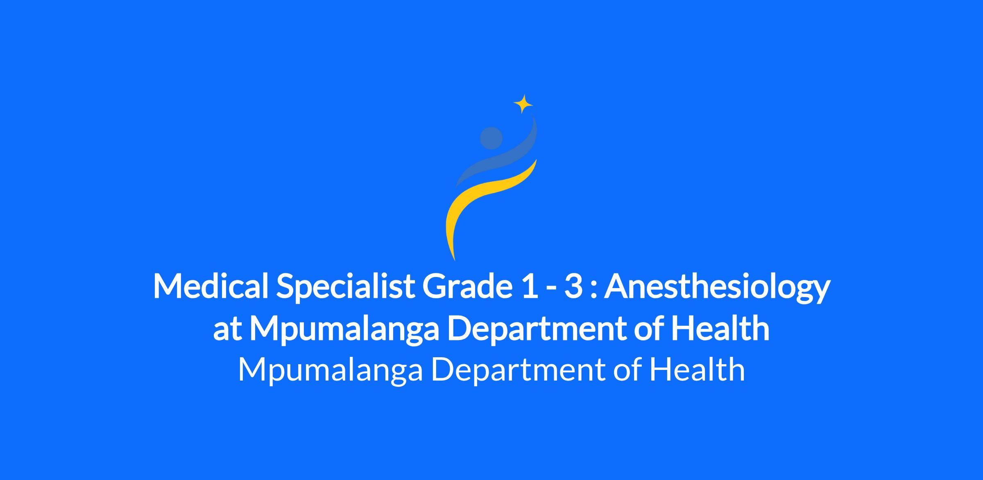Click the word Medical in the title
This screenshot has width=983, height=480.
click(x=211, y=286)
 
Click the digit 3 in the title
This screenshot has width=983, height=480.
click(x=573, y=286)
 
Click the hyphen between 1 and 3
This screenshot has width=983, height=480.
click(x=549, y=289)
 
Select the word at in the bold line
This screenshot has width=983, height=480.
click(x=226, y=331)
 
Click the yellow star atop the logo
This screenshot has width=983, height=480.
click(x=523, y=104)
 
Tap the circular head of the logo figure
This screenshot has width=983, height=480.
click(x=491, y=138)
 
